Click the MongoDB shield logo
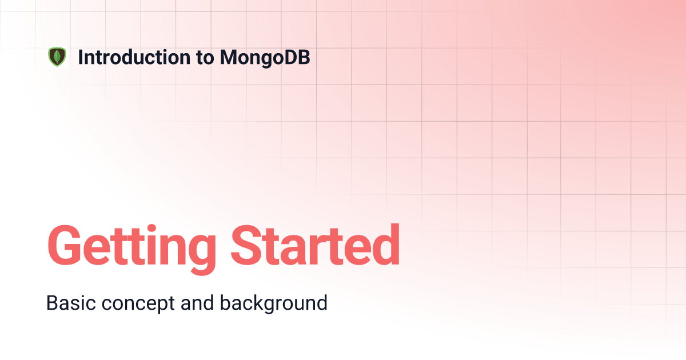[57, 57]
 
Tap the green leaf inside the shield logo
[57, 57]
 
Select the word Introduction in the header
[134, 57]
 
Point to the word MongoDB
[265, 58]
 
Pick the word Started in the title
[315, 245]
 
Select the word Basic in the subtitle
[71, 303]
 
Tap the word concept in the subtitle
[138, 304]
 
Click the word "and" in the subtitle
[197, 302]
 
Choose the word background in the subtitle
[274, 303]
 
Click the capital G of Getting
[64, 245]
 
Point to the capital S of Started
[247, 245]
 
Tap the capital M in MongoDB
[230, 57]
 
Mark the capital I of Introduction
[80, 57]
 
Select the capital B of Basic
[53, 303]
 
